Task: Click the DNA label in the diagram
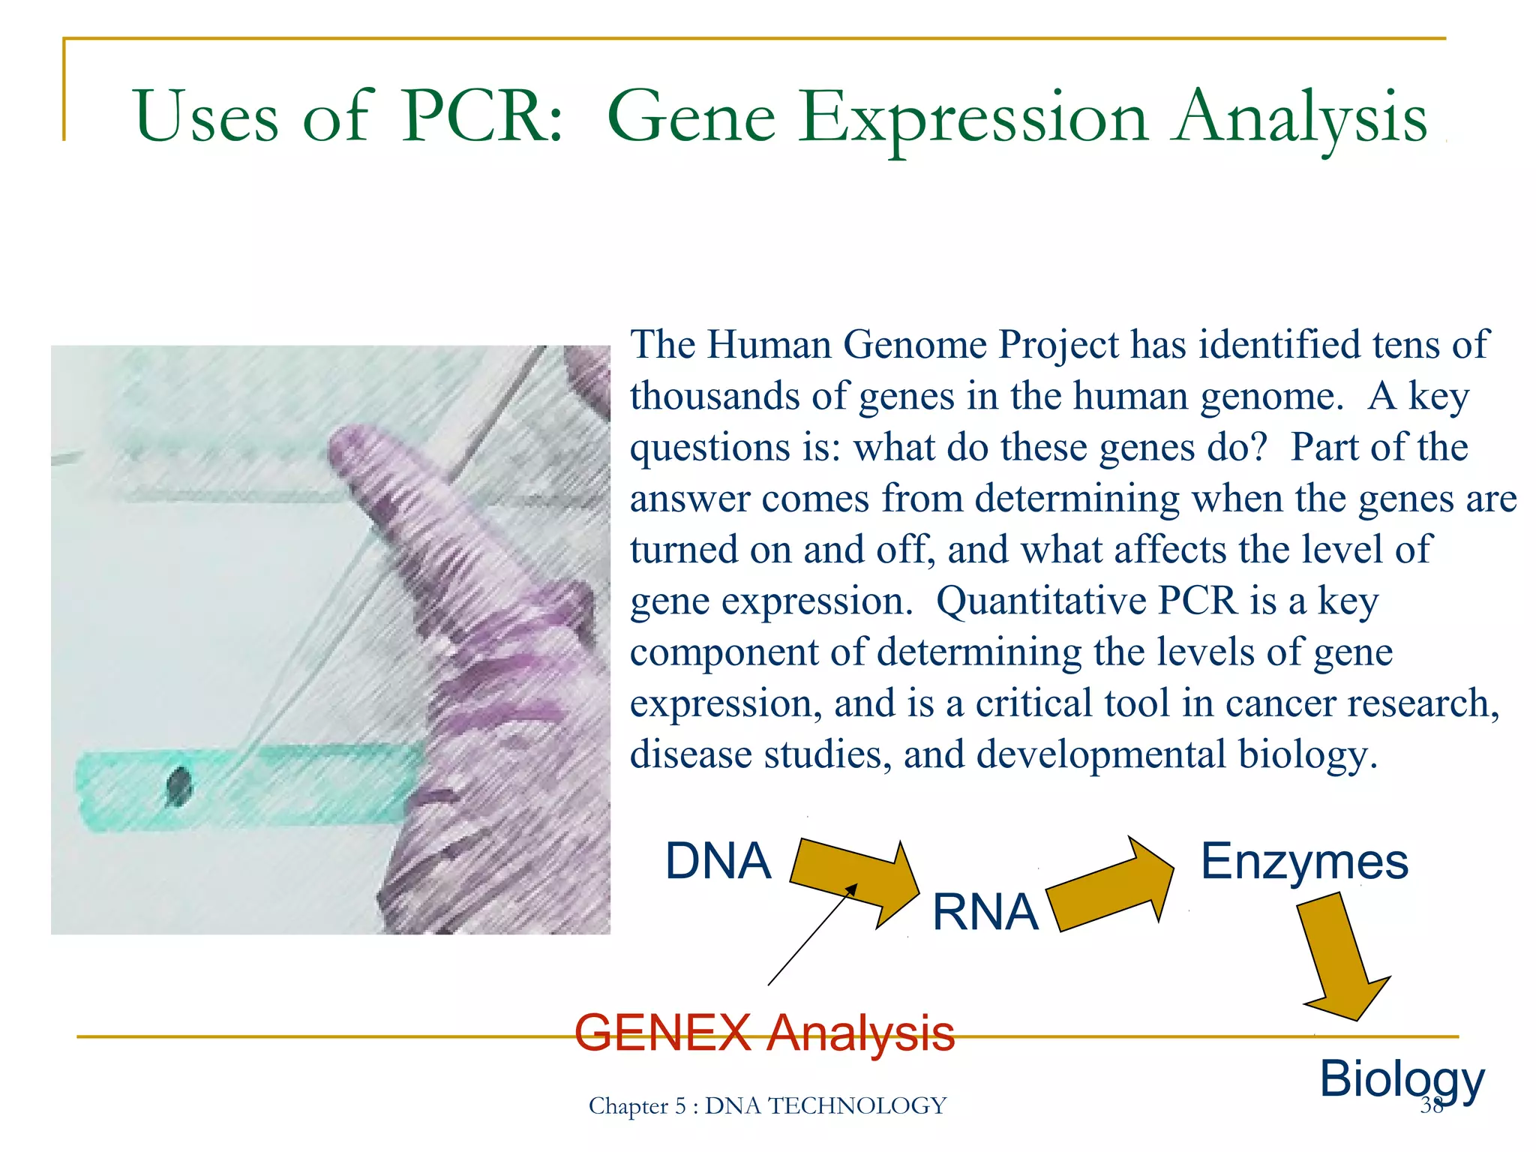click(x=718, y=861)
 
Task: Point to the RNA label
click(x=985, y=913)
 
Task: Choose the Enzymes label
click(x=1304, y=862)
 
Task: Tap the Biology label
click(x=1401, y=1079)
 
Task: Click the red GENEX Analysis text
click(x=764, y=1033)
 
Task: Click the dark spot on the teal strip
click(x=179, y=787)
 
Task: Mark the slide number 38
click(x=1431, y=1105)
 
